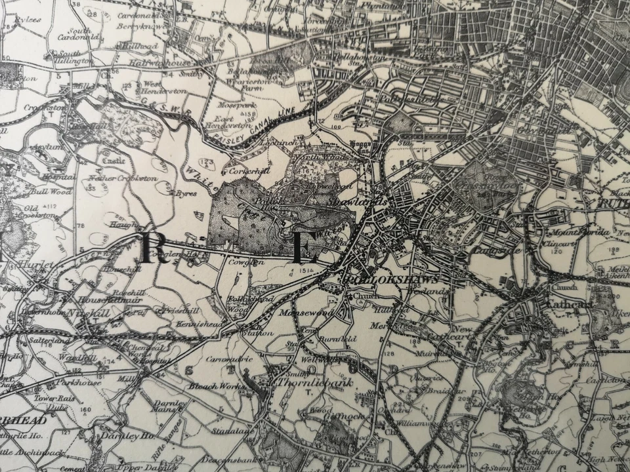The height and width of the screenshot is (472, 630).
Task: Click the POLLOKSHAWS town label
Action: pyautogui.click(x=391, y=279)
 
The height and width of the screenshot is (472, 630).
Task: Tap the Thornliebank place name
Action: pyautogui.click(x=306, y=382)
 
